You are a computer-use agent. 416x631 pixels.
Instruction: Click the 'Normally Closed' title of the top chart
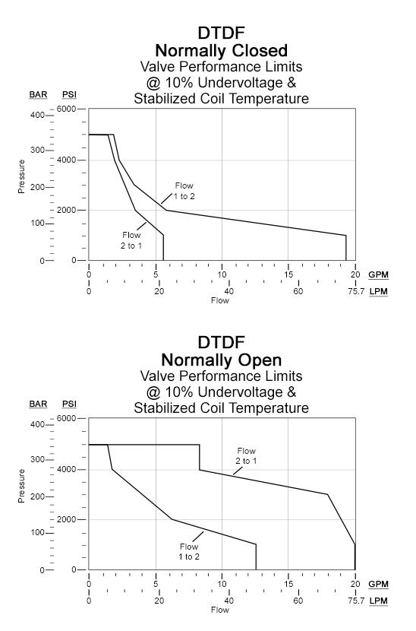point(221,51)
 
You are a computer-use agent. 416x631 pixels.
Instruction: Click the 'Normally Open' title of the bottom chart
point(221,360)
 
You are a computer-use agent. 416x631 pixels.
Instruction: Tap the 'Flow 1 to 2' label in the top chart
point(184,191)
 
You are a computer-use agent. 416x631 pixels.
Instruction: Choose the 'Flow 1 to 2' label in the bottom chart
point(188,552)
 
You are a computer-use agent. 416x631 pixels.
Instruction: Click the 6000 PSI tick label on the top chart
point(67,109)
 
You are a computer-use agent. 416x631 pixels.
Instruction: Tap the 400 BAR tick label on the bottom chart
point(38,424)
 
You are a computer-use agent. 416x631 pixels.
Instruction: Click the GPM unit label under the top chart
point(377,274)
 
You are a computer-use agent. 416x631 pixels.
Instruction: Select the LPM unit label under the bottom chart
point(377,601)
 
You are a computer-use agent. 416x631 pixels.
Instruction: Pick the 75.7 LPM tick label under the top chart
point(355,291)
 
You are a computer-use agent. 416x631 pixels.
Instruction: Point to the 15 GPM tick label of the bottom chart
point(288,584)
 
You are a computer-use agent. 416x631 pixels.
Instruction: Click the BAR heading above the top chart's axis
point(38,94)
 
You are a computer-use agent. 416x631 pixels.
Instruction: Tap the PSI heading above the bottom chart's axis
point(69,404)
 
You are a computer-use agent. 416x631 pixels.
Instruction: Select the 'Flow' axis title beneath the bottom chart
point(220,610)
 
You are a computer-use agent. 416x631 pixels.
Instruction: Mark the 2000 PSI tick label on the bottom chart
point(67,519)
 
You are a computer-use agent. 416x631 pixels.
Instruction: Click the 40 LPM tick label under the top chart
point(228,291)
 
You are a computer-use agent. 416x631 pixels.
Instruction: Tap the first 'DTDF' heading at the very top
point(221,34)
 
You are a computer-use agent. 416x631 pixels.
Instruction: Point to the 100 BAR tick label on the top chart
point(38,224)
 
